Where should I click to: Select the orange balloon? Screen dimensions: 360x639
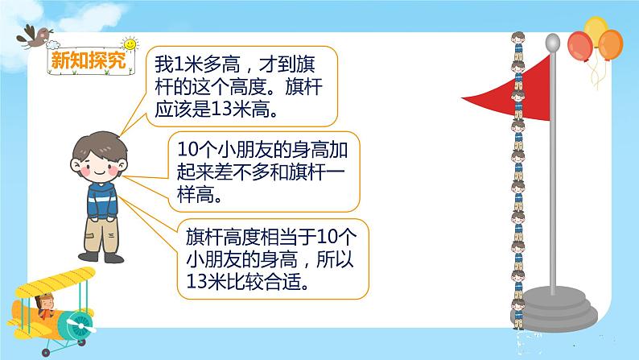point(610,46)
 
